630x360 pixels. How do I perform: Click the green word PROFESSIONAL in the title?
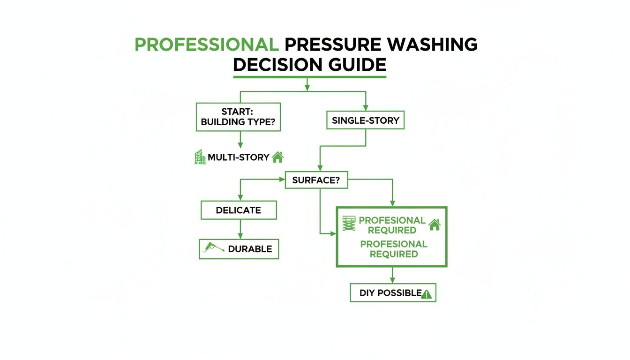pos(204,45)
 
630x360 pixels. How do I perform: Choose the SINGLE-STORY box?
pos(366,120)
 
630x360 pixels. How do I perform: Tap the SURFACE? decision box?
pos(316,180)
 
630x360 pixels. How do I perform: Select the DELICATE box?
pos(239,210)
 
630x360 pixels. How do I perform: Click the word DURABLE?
pos(249,249)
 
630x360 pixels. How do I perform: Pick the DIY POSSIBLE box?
pos(393,292)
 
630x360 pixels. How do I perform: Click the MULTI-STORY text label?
pos(238,157)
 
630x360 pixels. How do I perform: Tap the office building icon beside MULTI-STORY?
pos(200,157)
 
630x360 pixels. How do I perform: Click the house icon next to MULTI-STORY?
pos(277,157)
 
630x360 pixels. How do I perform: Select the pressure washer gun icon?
pos(211,248)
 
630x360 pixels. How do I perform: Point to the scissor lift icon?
pos(349,224)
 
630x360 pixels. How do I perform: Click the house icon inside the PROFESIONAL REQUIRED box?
pos(435,225)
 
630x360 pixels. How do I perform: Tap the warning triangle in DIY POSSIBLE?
pos(427,294)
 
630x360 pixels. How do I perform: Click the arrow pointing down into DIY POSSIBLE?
pos(393,275)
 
